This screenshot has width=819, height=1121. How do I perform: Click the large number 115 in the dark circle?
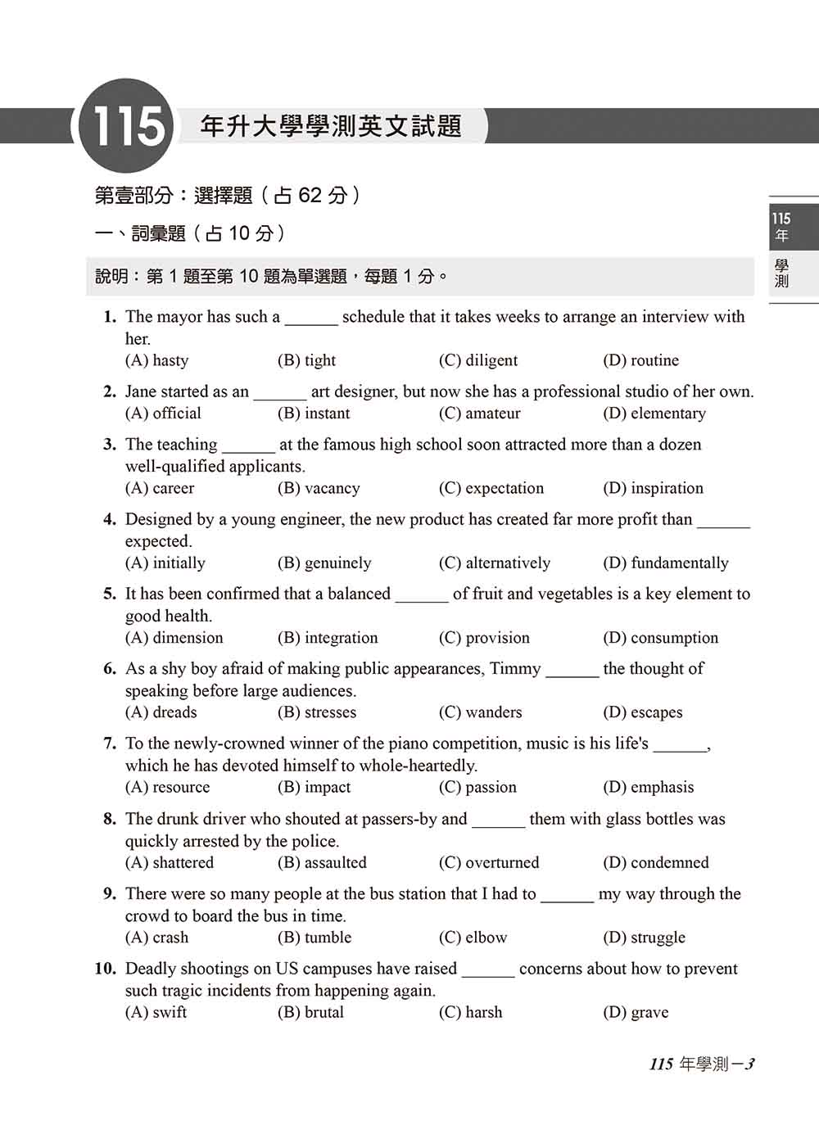126,127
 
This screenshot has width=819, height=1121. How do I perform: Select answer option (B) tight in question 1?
306,360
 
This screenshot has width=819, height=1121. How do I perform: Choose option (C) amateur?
479,414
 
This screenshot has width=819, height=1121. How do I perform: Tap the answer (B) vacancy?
319,488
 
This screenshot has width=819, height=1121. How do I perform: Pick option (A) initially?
165,563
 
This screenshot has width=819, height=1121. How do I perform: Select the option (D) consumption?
660,638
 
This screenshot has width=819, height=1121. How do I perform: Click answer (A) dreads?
161,712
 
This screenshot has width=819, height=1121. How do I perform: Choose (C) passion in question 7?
477,787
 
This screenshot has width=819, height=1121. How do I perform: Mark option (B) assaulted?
322,862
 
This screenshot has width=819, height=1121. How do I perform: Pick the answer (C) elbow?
473,938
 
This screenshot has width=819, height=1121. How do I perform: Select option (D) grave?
636,1012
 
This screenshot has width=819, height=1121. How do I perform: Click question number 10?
105,969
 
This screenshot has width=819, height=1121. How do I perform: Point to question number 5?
110,594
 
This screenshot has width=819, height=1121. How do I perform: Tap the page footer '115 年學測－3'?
702,1064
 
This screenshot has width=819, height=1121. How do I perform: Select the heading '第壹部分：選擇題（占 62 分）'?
228,196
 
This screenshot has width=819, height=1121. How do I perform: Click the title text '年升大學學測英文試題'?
331,126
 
